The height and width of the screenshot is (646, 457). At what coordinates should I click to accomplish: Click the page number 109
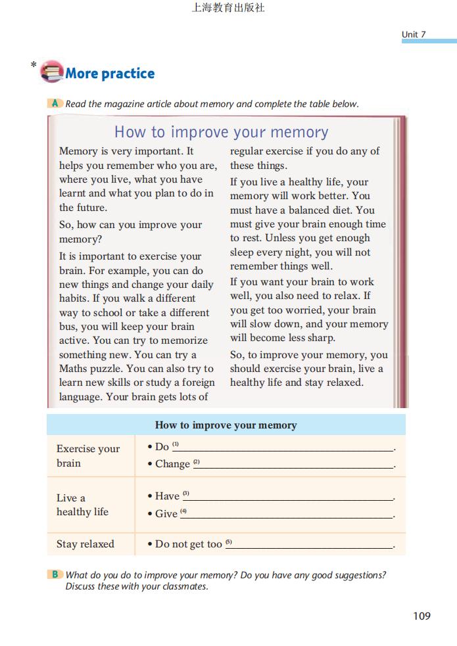point(421,616)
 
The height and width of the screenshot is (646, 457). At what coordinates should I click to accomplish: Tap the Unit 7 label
point(414,34)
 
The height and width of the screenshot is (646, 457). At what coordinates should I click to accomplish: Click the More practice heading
point(110,74)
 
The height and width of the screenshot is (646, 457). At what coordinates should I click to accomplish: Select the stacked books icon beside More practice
point(51,71)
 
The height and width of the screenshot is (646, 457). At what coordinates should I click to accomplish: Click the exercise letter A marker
point(55,103)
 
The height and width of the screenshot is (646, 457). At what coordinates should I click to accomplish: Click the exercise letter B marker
point(55,574)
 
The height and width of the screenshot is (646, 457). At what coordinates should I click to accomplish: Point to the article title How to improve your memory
point(221,132)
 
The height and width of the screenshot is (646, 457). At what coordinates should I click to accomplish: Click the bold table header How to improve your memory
point(226,425)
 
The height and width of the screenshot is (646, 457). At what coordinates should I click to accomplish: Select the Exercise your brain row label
point(88,456)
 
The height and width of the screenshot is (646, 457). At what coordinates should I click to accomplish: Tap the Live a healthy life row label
point(83,505)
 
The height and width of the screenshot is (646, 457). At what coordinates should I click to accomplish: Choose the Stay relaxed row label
point(85,544)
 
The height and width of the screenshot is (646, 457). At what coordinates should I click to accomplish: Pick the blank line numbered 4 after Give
point(289,516)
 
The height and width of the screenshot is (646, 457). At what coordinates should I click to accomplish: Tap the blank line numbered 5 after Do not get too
point(312,546)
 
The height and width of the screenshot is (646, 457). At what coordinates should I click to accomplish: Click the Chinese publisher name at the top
point(228,8)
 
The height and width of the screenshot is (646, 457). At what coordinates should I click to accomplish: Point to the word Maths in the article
point(74,369)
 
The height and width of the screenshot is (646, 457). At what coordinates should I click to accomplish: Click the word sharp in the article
point(320,338)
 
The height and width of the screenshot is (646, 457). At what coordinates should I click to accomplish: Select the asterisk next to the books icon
point(34,65)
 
